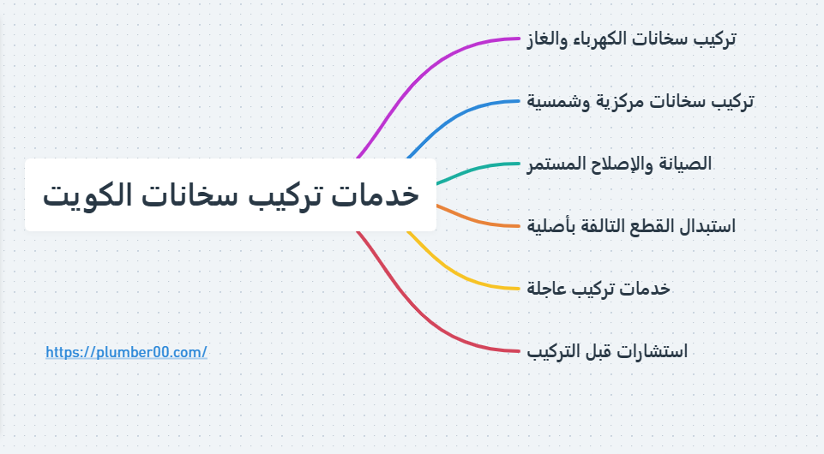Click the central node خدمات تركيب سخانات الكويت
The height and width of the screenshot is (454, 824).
tap(230, 194)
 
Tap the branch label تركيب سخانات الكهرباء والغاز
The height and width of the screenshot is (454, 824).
tap(631, 39)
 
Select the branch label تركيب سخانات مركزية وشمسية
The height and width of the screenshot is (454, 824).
tap(641, 101)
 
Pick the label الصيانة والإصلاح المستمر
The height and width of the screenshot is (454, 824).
tap(619, 163)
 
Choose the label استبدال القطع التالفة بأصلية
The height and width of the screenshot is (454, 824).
tap(631, 226)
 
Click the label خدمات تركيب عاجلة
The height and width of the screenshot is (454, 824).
tap(598, 289)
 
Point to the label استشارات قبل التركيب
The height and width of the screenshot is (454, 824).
tap(607, 351)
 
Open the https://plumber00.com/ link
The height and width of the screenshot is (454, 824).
tap(126, 352)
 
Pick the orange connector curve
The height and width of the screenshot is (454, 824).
tap(480, 221)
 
